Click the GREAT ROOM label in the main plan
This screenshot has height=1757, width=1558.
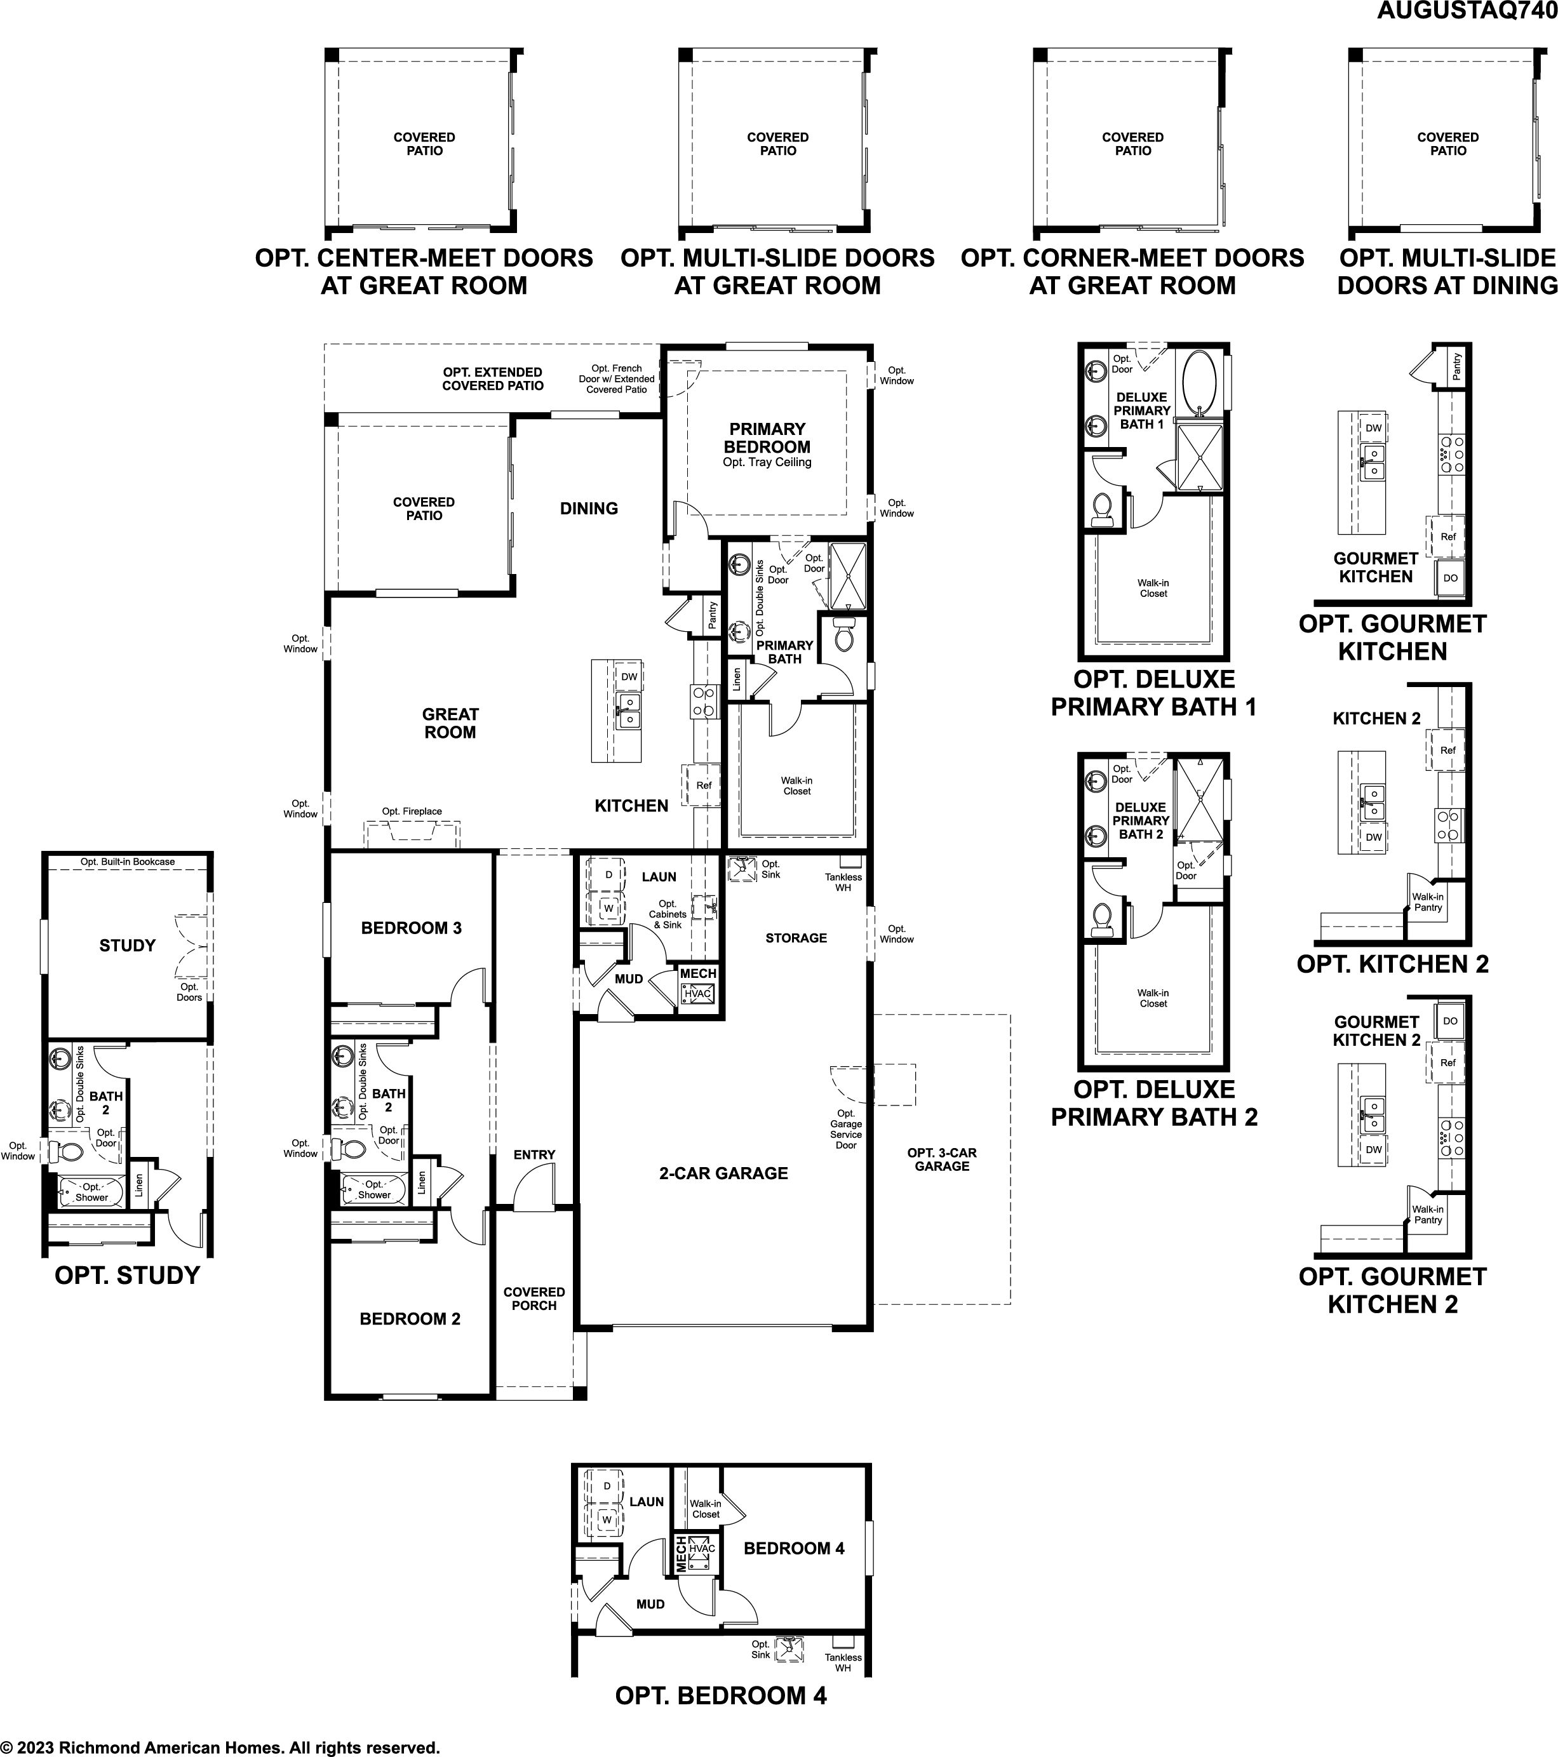tap(450, 723)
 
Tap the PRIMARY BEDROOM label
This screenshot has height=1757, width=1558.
tap(767, 438)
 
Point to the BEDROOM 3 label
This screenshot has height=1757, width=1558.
tap(411, 928)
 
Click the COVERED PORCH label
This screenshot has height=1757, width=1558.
tap(534, 1298)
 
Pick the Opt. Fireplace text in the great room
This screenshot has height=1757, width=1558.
tap(412, 812)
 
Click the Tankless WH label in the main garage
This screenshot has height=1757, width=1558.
tap(843, 882)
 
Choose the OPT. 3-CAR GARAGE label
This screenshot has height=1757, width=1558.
tap(941, 1159)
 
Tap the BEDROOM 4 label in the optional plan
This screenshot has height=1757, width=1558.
tap(794, 1548)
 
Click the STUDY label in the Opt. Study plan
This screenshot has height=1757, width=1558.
tap(127, 945)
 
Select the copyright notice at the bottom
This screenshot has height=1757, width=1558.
tap(221, 1747)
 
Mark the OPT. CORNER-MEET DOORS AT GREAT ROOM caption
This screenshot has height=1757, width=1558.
tap(1132, 272)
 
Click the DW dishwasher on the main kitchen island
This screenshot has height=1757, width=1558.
tap(629, 676)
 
